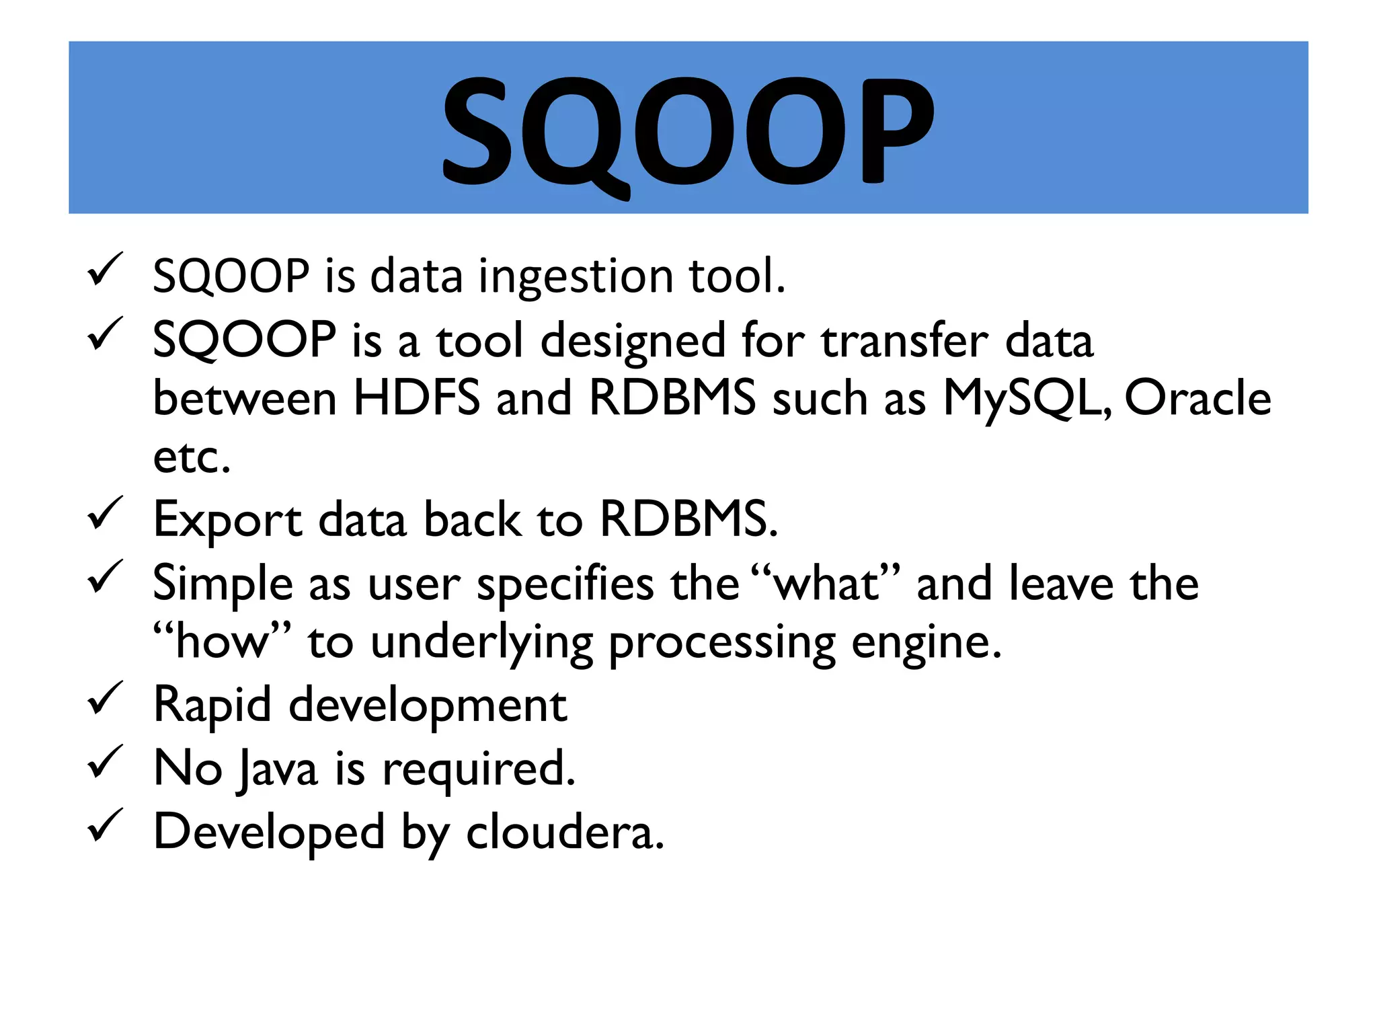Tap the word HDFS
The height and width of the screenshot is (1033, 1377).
coord(417,397)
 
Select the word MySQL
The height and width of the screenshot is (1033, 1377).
coord(1025,399)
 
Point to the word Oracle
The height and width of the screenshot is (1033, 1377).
coord(1197,397)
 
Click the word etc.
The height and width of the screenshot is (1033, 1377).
coord(191,457)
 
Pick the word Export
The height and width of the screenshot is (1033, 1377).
coord(227,520)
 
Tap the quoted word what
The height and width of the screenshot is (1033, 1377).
coord(826,583)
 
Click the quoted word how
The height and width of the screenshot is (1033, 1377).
coord(222,642)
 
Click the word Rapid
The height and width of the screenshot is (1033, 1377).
coord(212,705)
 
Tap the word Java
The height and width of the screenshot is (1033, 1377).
coord(278,769)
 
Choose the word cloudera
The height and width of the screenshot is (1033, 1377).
coord(565,832)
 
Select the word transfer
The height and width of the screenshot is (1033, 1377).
coord(904,340)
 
